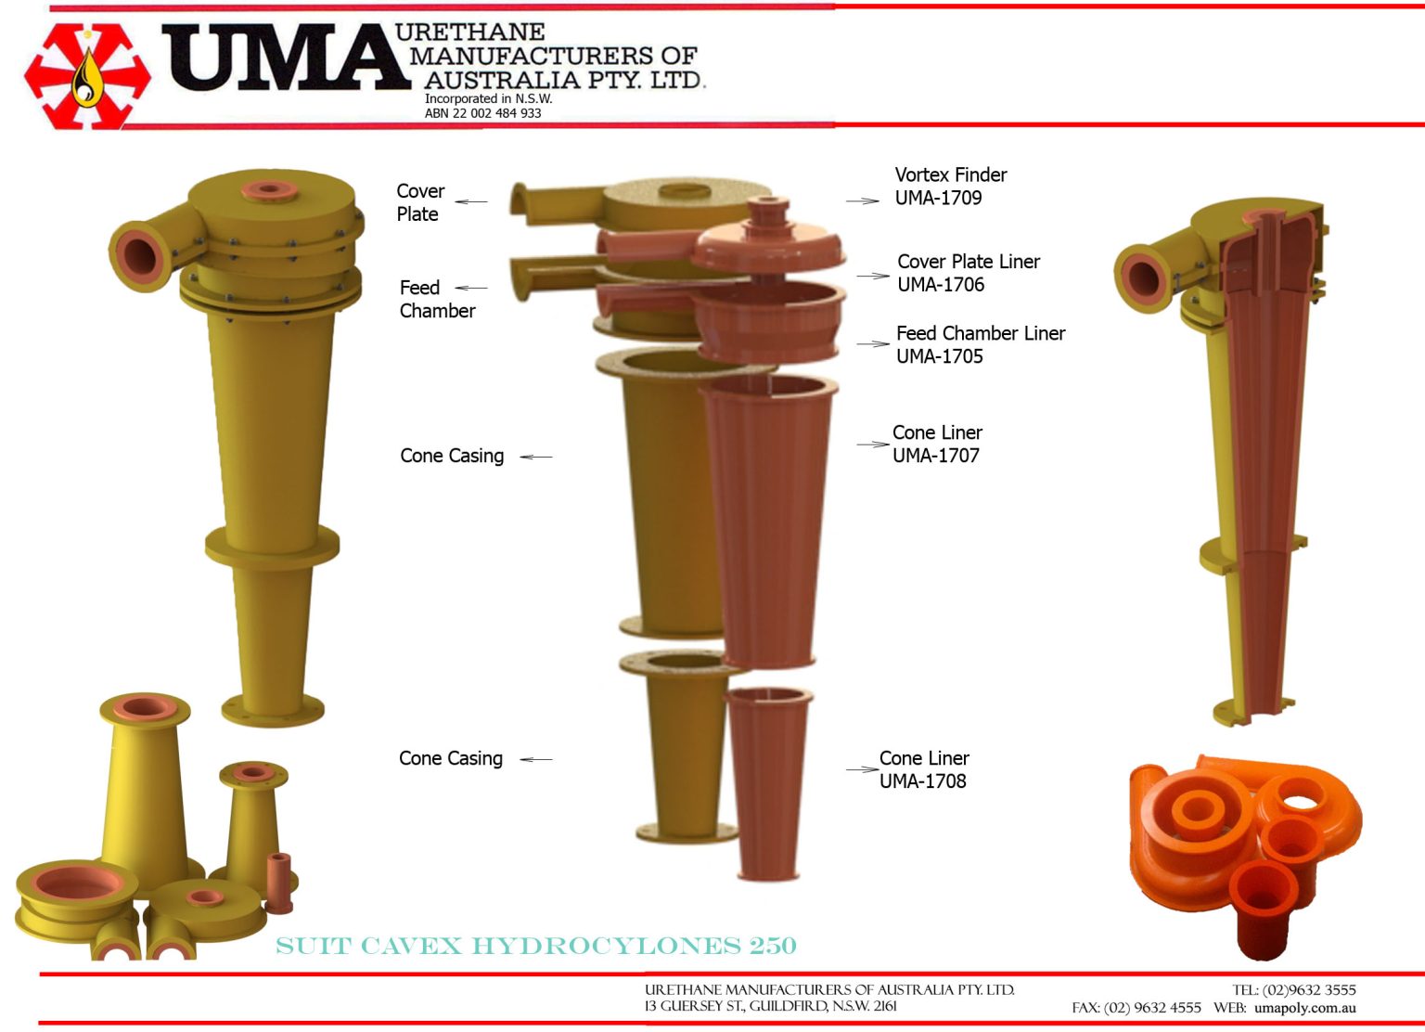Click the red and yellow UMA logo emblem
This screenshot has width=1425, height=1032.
(87, 76)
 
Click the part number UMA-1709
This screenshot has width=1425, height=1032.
(938, 198)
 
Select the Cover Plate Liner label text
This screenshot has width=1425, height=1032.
(969, 262)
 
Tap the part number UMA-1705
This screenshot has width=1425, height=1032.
(939, 356)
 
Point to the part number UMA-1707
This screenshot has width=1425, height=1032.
(935, 456)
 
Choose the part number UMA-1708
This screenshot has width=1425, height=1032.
(922, 781)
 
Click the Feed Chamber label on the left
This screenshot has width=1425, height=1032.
(436, 299)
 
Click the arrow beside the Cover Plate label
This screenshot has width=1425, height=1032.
(471, 201)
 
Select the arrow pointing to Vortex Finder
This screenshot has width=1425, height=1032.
(863, 200)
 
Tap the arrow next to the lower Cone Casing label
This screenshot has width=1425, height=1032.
(536, 759)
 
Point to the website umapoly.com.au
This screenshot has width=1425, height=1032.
(1304, 1008)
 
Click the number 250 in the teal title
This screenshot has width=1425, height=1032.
(773, 946)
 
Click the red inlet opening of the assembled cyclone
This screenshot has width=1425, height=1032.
(139, 255)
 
